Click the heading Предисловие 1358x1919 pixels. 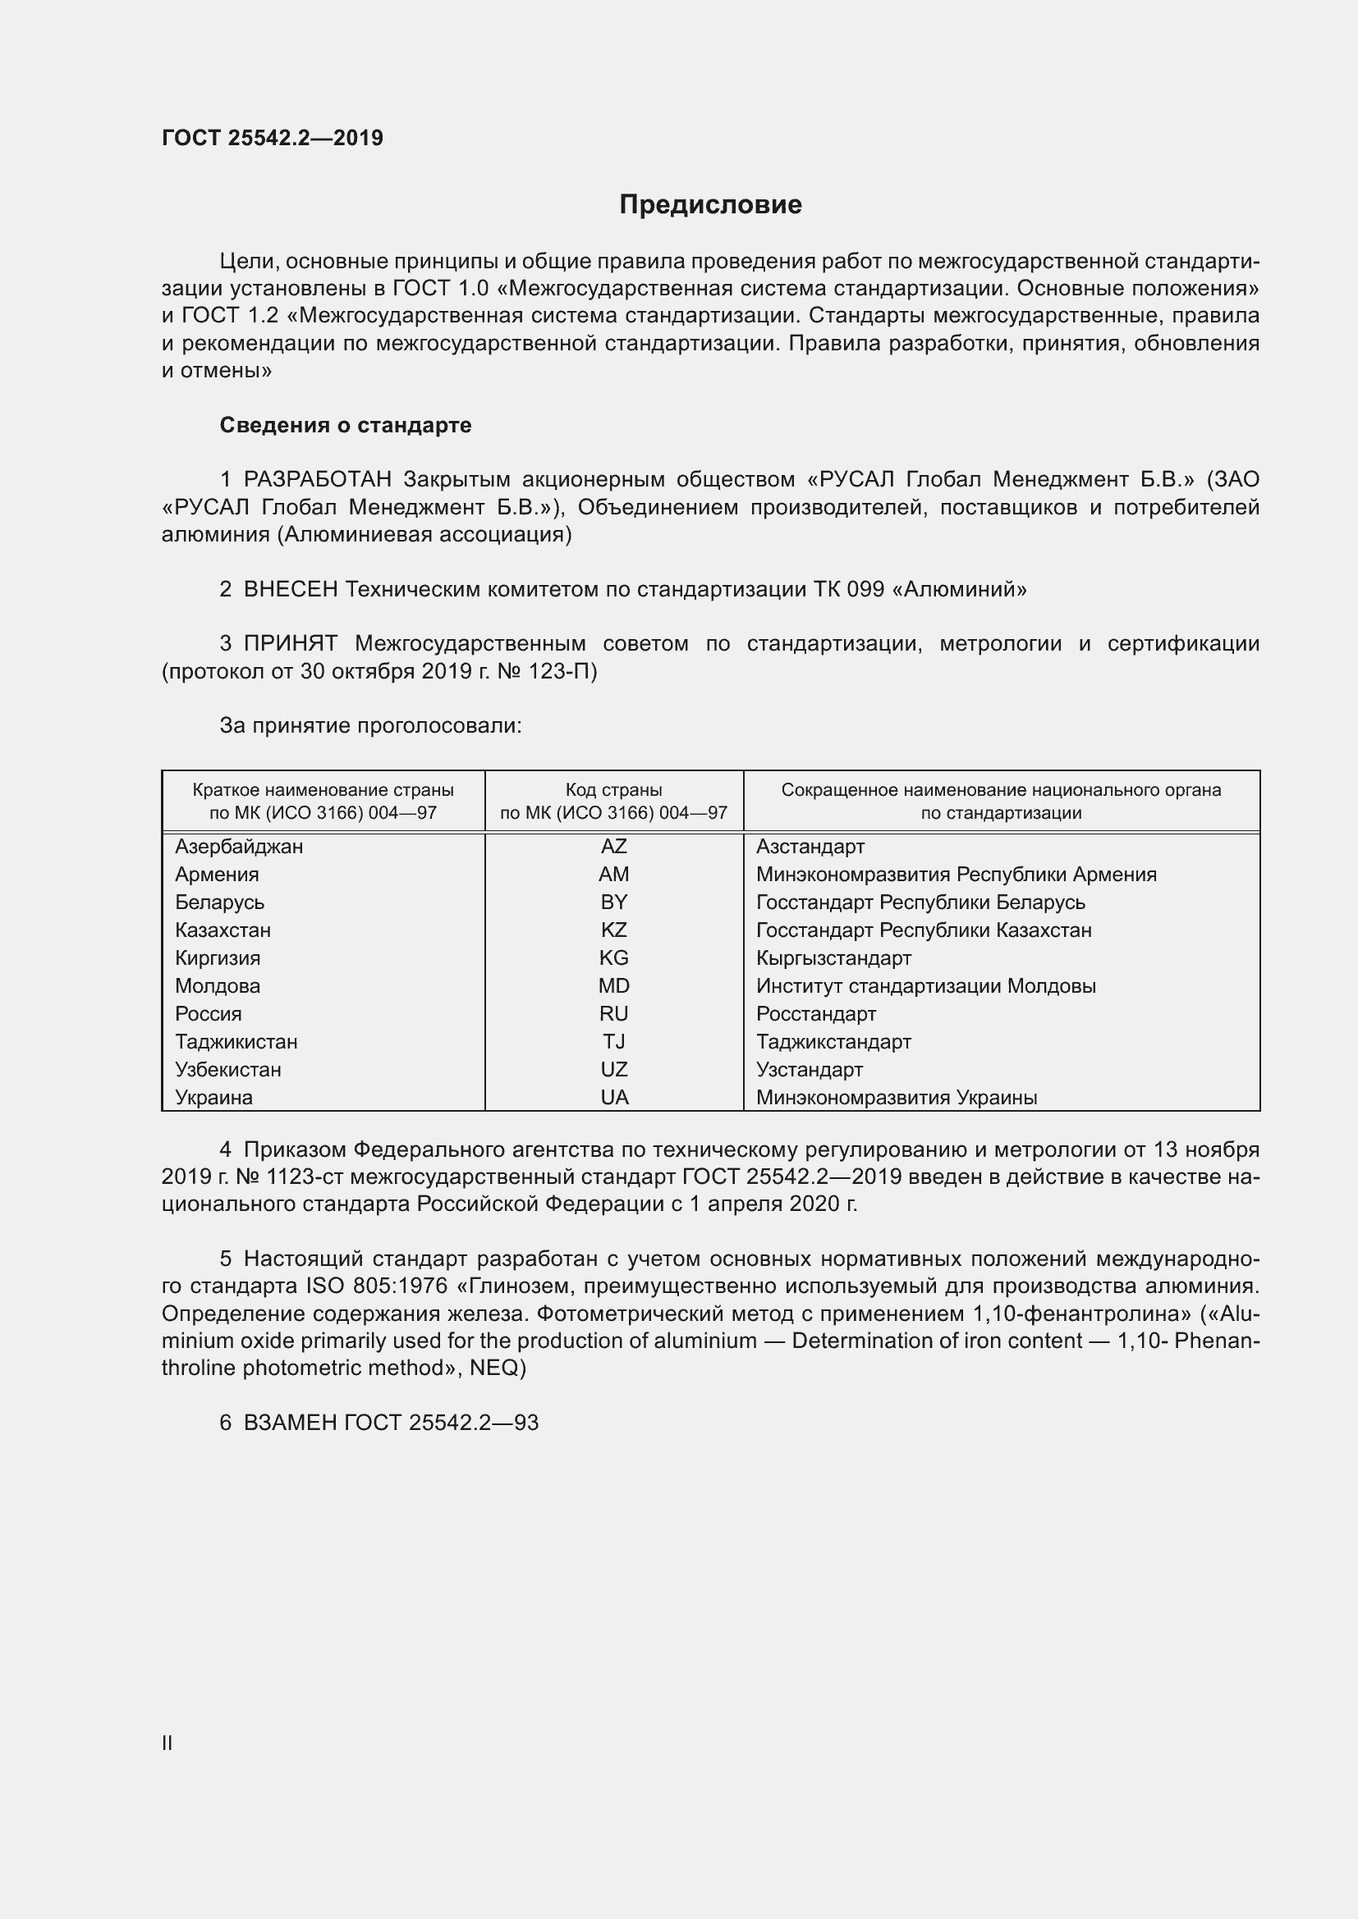(710, 204)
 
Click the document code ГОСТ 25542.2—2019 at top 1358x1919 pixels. (273, 138)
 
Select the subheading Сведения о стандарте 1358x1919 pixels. (346, 426)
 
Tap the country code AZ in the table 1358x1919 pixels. (614, 847)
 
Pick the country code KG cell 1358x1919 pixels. (614, 957)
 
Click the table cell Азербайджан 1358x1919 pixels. (239, 847)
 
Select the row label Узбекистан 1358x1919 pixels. (228, 1070)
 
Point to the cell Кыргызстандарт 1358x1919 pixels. (833, 957)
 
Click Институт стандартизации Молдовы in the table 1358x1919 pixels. (925, 986)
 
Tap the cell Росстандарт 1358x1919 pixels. (816, 1014)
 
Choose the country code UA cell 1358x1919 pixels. (614, 1098)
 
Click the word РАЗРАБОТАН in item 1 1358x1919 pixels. (317, 480)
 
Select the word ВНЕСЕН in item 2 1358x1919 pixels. (290, 589)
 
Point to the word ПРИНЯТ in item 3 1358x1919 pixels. (290, 643)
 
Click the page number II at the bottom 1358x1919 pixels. (167, 1737)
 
